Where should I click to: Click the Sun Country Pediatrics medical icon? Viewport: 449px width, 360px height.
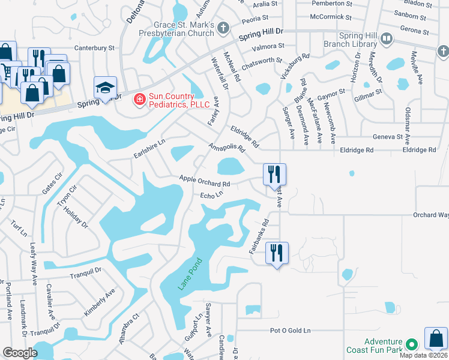139,98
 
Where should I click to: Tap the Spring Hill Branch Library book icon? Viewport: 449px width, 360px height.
386,40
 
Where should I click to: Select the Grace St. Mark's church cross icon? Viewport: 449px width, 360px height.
223,28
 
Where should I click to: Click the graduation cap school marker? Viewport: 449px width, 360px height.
104,88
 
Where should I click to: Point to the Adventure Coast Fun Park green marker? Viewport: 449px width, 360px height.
411,344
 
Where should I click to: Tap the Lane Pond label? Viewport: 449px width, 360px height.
190,274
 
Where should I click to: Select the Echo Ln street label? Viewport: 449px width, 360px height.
211,196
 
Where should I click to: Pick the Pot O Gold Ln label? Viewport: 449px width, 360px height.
291,331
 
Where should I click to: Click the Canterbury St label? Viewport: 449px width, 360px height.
94,47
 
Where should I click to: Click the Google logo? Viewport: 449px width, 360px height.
20,353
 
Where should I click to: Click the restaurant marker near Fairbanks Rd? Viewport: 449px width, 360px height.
277,253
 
